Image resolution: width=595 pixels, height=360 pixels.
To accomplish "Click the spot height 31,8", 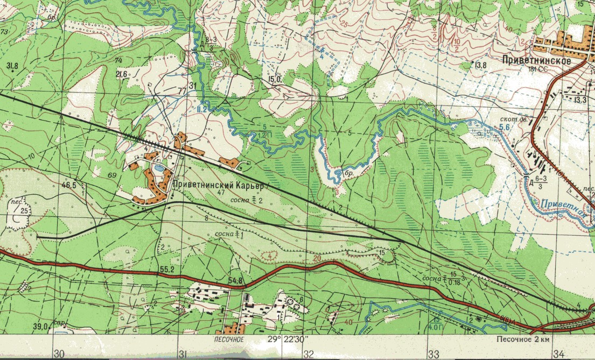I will [x=12, y=66].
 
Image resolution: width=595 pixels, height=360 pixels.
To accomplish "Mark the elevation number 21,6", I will [x=121, y=74].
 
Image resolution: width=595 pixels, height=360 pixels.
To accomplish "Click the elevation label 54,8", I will [x=235, y=280].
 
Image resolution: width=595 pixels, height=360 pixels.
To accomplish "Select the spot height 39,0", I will [x=40, y=326].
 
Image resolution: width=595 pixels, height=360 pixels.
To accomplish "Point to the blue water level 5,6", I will [x=504, y=127].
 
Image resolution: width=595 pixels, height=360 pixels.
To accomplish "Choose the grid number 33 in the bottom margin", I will [x=433, y=354].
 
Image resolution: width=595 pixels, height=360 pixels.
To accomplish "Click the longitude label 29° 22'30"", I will [x=288, y=340].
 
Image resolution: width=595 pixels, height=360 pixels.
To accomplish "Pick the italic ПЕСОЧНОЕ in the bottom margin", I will [x=226, y=340].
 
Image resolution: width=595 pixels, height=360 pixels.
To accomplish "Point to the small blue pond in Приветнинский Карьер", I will [x=159, y=168].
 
